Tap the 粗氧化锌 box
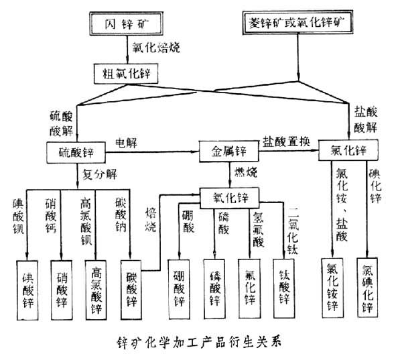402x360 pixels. click(x=124, y=70)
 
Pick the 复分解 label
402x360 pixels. click(x=99, y=176)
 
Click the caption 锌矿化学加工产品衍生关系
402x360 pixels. click(x=201, y=339)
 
